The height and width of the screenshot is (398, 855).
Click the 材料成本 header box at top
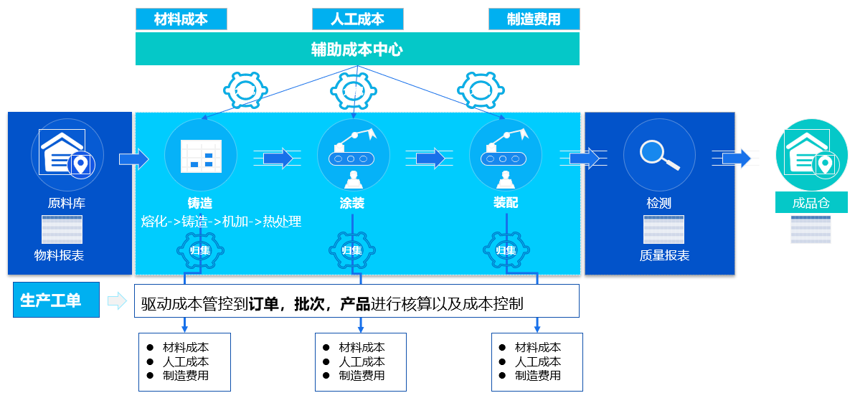(x=181, y=19)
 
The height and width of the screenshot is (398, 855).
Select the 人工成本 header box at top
(x=357, y=19)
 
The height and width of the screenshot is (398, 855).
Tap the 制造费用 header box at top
(x=534, y=19)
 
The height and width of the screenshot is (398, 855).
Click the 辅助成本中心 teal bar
(x=357, y=49)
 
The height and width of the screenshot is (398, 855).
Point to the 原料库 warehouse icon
(x=67, y=154)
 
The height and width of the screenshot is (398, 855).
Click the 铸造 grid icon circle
(x=201, y=155)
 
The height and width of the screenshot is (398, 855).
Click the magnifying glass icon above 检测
(x=659, y=154)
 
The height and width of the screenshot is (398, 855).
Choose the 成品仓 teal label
(x=811, y=203)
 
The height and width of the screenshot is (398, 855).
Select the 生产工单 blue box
(x=56, y=300)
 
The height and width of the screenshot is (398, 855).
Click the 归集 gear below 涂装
(x=352, y=250)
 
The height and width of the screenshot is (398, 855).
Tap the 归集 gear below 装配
(x=506, y=250)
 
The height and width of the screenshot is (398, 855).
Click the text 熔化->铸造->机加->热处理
(x=222, y=222)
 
